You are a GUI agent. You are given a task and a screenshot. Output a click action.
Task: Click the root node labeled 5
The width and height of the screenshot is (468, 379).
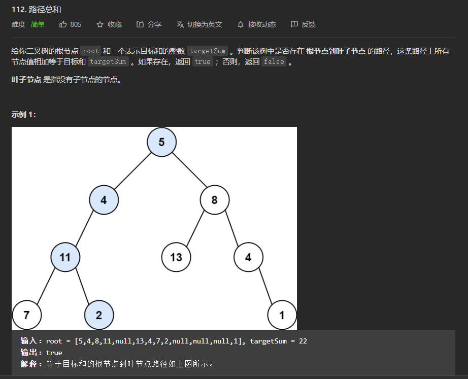tap(161, 142)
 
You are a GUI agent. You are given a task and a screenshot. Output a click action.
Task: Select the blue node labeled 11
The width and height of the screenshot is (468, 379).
tap(65, 257)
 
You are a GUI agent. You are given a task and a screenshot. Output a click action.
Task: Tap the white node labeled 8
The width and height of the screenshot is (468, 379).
tap(215, 200)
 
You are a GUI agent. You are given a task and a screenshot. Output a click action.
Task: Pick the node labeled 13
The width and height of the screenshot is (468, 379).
tap(176, 257)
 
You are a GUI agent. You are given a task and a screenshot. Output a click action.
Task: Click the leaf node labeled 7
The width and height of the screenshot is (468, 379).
tap(26, 315)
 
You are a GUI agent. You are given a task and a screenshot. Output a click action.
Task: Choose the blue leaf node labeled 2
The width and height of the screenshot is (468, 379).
tap(98, 315)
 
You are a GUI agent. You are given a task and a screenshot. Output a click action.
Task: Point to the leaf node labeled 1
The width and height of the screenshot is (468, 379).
tap(282, 315)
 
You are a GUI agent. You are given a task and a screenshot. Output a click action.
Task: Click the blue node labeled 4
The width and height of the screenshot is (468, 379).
tap(104, 200)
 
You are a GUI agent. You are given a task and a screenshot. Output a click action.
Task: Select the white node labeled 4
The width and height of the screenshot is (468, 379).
tap(248, 257)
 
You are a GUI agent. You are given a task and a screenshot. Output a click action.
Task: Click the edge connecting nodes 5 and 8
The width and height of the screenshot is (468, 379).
tap(188, 171)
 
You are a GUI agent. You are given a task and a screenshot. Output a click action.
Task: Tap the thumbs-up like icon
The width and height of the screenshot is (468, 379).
tap(63, 24)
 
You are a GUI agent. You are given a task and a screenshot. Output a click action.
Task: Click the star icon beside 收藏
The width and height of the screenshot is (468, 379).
tap(100, 24)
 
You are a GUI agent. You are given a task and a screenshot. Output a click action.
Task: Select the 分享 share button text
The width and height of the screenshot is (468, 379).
tap(154, 24)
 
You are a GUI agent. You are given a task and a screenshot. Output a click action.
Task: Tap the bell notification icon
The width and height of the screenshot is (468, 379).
tap(241, 24)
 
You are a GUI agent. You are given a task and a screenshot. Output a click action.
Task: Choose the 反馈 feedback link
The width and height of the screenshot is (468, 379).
tap(309, 24)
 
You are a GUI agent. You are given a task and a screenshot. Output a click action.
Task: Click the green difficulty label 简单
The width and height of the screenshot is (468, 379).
tap(38, 24)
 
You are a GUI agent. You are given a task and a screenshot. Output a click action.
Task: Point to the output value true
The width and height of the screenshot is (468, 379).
tap(54, 353)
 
